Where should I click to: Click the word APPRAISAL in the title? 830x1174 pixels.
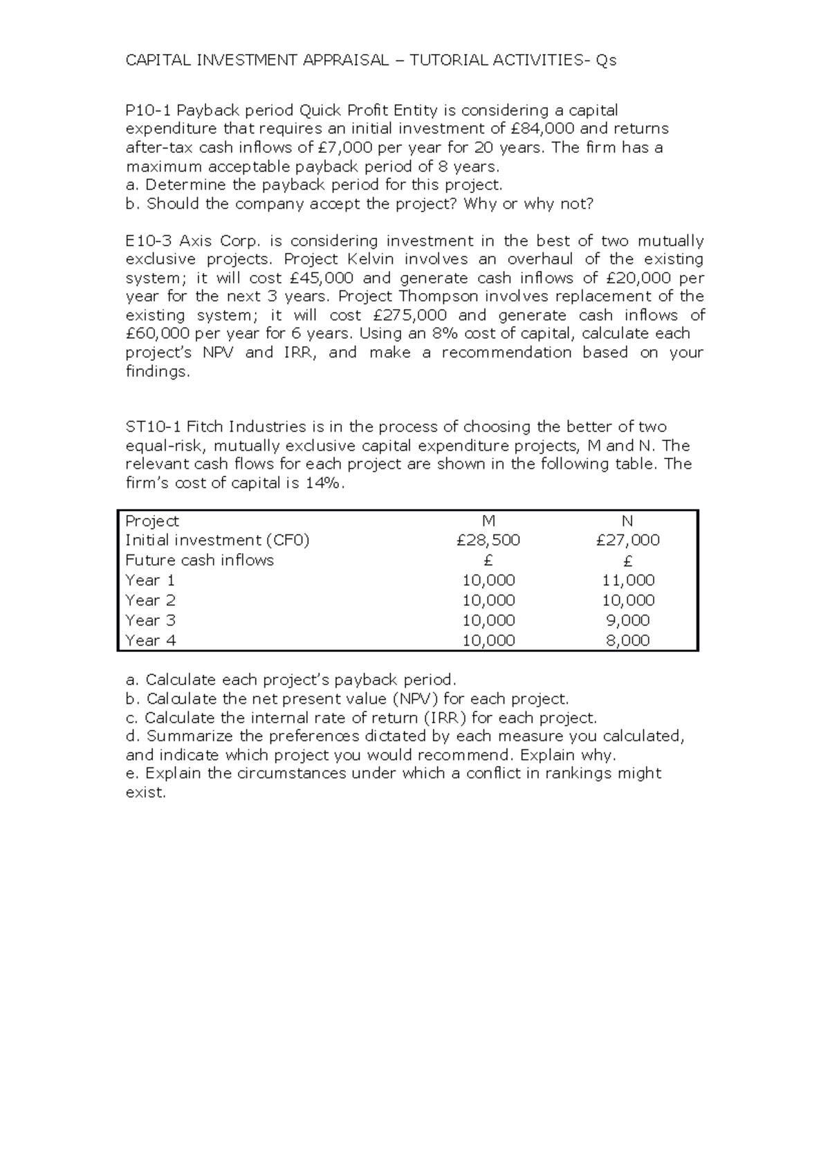click(345, 61)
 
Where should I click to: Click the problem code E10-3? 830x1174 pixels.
click(147, 241)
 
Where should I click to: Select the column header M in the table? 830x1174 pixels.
click(488, 521)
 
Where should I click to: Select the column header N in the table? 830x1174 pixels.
click(627, 521)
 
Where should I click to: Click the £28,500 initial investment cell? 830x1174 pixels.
click(488, 541)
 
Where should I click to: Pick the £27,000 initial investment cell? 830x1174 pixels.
click(627, 541)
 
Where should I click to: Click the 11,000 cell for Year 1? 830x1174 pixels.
click(628, 581)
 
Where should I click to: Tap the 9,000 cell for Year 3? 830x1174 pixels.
click(628, 621)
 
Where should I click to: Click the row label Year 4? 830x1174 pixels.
click(150, 641)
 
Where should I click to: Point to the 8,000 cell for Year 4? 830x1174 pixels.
click(628, 641)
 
